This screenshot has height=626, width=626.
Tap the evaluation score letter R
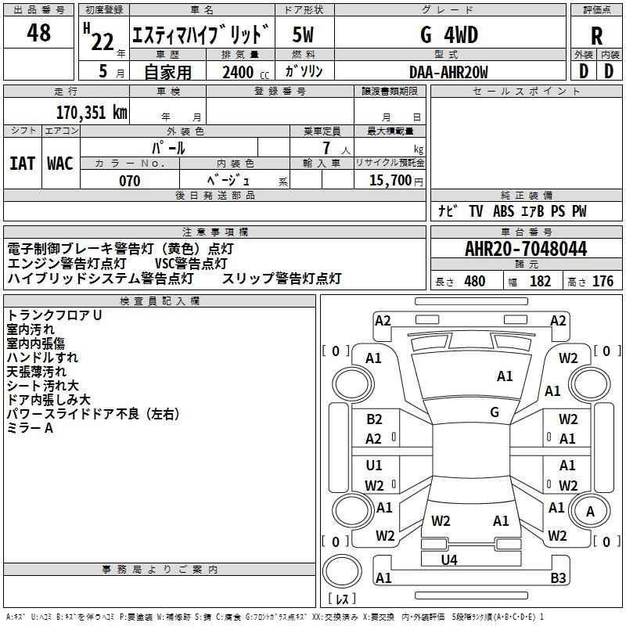coord(596,36)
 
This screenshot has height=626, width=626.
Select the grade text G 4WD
coord(449,35)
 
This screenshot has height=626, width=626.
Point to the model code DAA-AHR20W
coord(448,72)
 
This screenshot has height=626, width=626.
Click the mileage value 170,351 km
coord(92,112)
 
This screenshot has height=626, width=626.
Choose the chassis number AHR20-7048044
coord(526,249)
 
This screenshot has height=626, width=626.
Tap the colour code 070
coord(129,181)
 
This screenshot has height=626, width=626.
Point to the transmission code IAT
coord(22,163)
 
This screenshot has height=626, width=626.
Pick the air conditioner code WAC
coord(59,163)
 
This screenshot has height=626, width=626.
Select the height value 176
coord(603,282)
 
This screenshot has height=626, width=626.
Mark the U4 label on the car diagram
coord(449,559)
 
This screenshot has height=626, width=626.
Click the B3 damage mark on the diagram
coord(558,578)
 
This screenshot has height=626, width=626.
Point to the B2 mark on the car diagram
coord(374,419)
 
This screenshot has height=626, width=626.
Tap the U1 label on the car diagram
coord(374,466)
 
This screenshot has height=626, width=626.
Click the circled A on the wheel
coord(591,511)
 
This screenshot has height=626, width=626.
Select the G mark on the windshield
coord(495,412)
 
